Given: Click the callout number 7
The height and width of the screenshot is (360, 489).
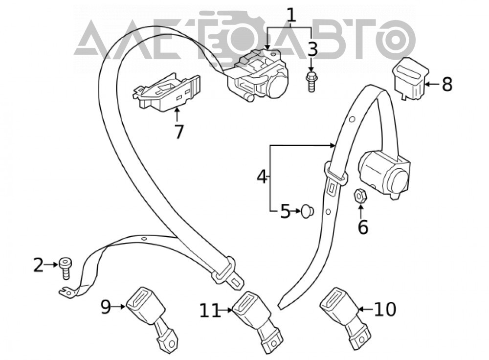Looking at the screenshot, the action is (178, 132).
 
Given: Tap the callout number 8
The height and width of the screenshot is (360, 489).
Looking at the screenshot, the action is (447, 84).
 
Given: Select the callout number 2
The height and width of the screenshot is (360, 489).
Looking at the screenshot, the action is (39, 265).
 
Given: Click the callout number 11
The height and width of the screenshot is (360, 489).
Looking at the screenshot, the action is (210, 311).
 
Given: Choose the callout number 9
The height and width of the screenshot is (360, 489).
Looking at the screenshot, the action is (106, 307).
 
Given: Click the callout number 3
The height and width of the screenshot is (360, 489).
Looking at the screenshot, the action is (312, 49).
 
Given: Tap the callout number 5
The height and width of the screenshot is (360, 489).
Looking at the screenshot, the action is (286, 211).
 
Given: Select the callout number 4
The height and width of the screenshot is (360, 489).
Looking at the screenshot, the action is (262, 177).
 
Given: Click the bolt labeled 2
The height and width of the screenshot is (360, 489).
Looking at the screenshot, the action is (65, 268).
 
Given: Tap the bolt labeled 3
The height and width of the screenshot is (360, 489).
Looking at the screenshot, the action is (311, 81).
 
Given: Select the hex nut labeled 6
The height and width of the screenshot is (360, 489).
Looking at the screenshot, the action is (360, 196).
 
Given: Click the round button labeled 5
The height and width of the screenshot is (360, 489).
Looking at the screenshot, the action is (308, 211).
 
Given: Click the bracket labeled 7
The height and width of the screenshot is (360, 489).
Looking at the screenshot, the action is (167, 92).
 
